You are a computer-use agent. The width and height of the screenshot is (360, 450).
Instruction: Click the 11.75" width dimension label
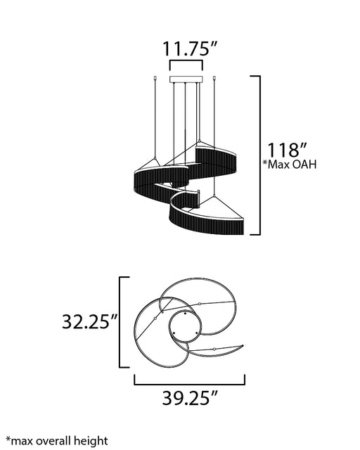[190, 49]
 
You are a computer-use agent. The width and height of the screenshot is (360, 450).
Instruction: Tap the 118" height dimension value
[287, 150]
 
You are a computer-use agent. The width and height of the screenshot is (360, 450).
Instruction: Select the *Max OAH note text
[290, 165]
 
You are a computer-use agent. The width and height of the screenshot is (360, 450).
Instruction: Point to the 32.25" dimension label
[90, 321]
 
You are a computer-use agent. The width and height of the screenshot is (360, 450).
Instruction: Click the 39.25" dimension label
[190, 398]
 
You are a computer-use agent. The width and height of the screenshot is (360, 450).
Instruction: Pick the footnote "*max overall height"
[57, 441]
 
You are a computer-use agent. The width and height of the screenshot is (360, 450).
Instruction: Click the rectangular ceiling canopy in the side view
[186, 79]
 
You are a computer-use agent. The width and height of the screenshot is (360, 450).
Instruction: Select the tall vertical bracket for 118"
[260, 155]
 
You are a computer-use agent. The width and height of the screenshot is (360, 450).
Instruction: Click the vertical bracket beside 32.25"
[120, 322]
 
